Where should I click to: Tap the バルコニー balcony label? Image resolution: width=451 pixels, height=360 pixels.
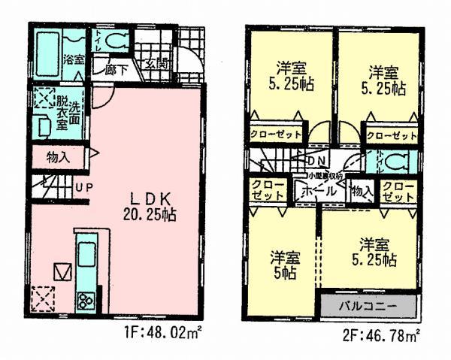click(368, 307)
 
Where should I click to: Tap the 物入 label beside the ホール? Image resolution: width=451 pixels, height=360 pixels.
click(362, 190)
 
